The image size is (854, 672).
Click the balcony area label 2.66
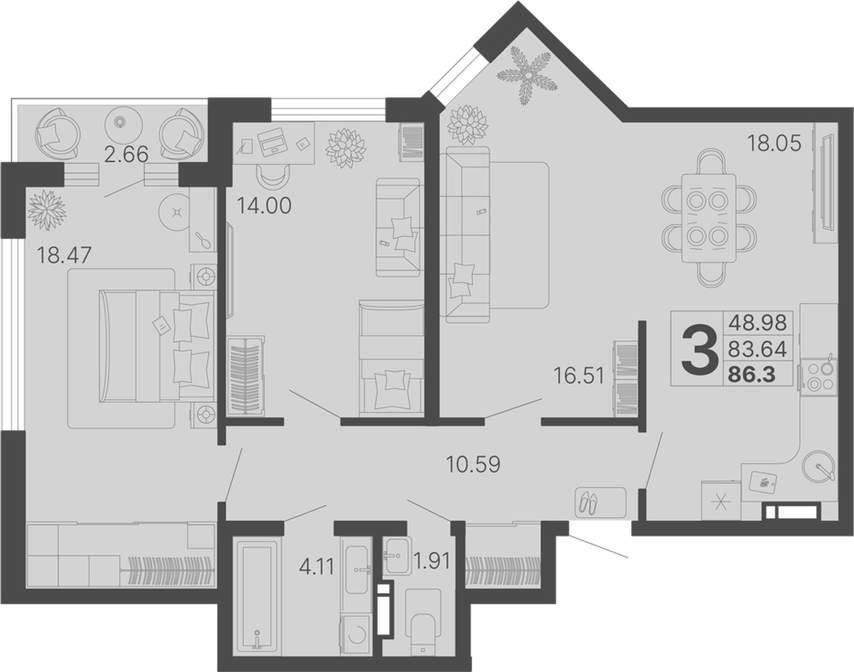pos(126,154)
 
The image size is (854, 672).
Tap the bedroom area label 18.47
pos(64,254)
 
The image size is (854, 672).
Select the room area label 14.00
pos(264,205)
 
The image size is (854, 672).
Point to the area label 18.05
pos(774,143)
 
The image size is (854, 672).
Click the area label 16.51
pos(579,375)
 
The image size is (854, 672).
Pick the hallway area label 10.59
pos(473,464)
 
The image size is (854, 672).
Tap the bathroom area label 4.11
pos(317,566)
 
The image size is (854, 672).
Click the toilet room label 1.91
pos(432,561)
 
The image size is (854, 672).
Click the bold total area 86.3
pos(752,375)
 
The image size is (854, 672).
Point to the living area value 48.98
pos(758,322)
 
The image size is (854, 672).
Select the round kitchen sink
pos(819,466)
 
